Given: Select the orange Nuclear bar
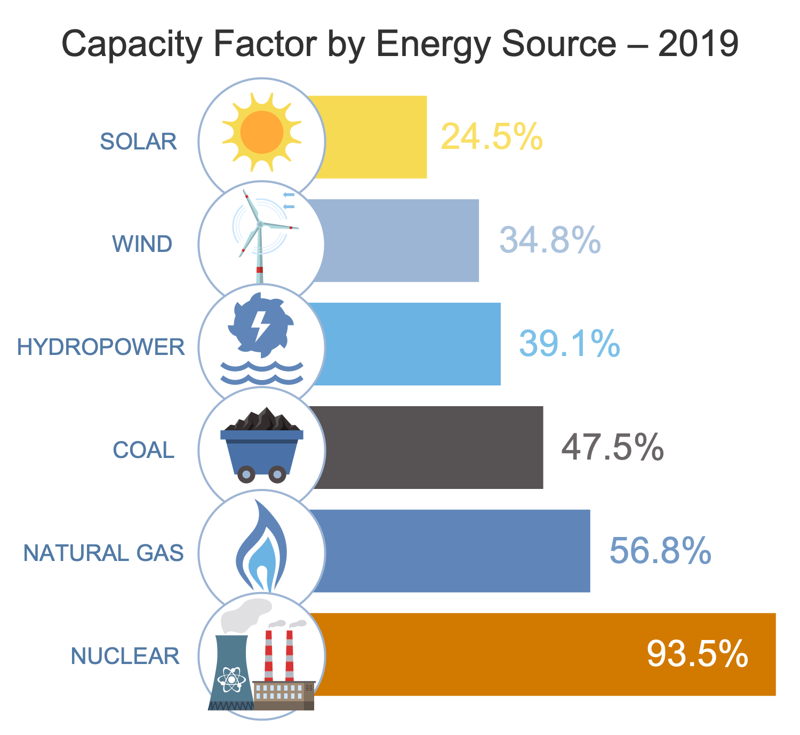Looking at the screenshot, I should pyautogui.click(x=480, y=654).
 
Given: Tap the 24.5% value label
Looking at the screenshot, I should pyautogui.click(x=492, y=137).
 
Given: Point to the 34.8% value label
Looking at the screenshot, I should pyautogui.click(x=550, y=240).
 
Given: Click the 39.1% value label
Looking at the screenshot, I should pyautogui.click(x=570, y=343).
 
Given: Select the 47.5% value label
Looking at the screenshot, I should pyautogui.click(x=613, y=447).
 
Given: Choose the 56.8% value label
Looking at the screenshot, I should pyautogui.click(x=660, y=550).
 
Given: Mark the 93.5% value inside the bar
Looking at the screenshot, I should pyautogui.click(x=698, y=654).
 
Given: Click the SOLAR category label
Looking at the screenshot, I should pyautogui.click(x=139, y=141).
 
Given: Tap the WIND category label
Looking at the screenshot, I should pyautogui.click(x=142, y=244).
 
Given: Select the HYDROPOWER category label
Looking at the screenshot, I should pyautogui.click(x=101, y=347).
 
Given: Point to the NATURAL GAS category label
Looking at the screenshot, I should pyautogui.click(x=104, y=553).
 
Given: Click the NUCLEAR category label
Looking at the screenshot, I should pyautogui.click(x=125, y=656).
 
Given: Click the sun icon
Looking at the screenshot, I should pyautogui.click(x=261, y=132).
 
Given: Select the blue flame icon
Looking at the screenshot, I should pyautogui.click(x=261, y=550).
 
